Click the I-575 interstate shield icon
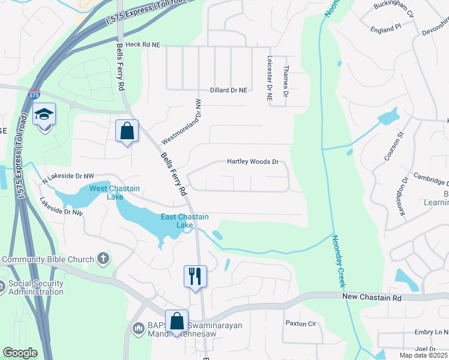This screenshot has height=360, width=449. click(34, 95)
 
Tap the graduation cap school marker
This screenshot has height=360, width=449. click(44, 113)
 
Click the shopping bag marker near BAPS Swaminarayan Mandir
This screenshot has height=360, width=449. click(177, 321)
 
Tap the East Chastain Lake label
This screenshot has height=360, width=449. click(185, 221)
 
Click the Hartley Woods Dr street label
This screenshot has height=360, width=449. click(253, 162)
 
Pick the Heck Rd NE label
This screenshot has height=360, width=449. click(139, 45)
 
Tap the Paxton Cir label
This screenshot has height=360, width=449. click(300, 323)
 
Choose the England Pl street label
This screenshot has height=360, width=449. click(385, 28)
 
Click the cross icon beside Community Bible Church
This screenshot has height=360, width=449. click(103, 259)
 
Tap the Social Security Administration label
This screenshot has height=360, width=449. click(36, 288)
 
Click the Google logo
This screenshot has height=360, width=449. click(20, 353)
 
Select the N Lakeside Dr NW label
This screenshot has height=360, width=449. click(68, 176)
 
